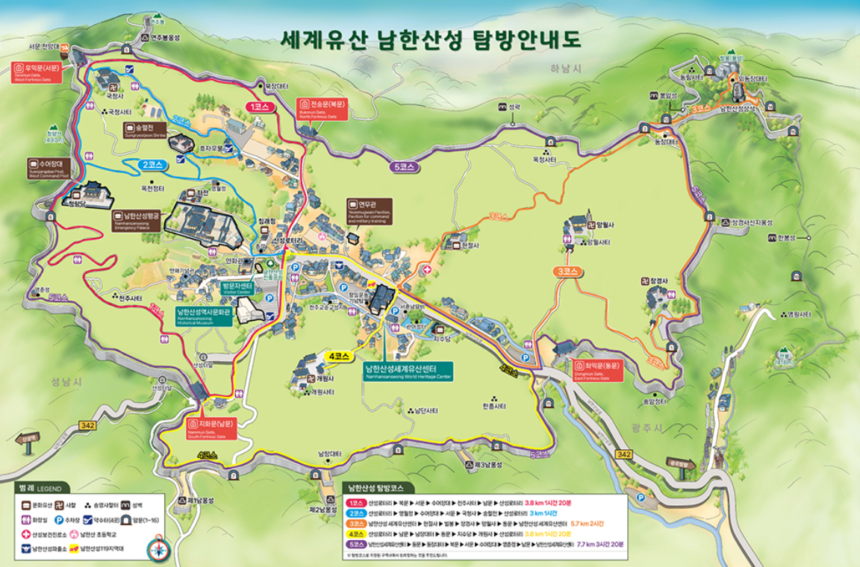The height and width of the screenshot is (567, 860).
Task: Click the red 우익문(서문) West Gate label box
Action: tap(42, 72)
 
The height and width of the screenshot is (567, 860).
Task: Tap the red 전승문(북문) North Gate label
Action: tap(322, 109)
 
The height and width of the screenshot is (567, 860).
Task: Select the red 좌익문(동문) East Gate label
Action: tap(601, 370)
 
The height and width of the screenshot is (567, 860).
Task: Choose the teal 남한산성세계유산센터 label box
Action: tap(408, 372)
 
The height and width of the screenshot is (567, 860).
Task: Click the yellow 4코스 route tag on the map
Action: tap(339, 357)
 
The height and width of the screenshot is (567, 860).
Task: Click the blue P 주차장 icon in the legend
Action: tap(58, 519)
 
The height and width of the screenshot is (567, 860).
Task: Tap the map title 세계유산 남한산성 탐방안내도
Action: tap(430, 39)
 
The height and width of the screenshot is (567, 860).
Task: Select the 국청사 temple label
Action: tap(114, 95)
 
